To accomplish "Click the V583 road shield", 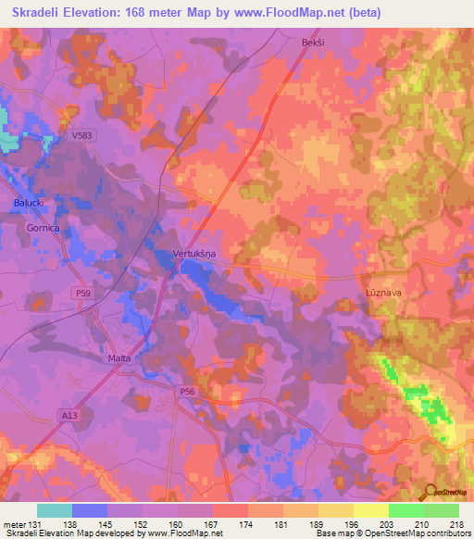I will coord(83,135).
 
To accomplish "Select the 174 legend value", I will coord(247,523).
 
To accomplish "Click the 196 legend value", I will coord(353,523).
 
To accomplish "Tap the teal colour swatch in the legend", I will coord(54,510).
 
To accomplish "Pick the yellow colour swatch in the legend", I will coord(370,510).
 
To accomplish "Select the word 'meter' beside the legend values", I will coord(14,523).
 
